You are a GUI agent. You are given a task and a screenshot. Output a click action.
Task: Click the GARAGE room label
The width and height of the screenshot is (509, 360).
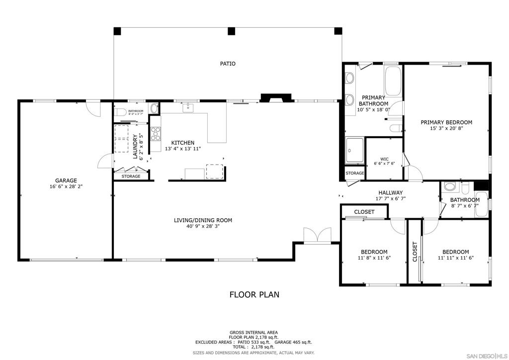coord(66,180)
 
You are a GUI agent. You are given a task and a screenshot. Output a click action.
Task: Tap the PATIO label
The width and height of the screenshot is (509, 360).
coord(228,64)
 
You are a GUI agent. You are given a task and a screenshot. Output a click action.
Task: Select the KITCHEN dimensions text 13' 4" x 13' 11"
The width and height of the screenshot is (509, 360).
coord(183,149)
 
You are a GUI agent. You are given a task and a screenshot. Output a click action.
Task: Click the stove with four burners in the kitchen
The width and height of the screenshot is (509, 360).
coord(156,133)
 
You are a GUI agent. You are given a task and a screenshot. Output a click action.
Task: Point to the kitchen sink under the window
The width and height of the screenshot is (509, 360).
coord(188,107)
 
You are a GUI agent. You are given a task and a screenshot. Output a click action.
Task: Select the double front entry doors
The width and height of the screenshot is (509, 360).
coord(317,235)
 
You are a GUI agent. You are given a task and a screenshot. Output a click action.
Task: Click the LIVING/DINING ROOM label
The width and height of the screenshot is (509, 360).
coord(203,220)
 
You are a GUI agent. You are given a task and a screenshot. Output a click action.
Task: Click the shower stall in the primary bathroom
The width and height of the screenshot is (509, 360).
coord(355,150)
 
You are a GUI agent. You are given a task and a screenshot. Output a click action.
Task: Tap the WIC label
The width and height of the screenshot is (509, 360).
coord(384,159)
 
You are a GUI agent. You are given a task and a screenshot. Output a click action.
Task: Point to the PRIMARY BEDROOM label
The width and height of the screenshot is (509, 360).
coord(446,122)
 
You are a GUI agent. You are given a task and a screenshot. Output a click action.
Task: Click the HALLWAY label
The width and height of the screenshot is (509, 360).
coord(390,193)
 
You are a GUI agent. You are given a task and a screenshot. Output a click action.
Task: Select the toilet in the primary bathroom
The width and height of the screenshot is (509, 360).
coord(396,129)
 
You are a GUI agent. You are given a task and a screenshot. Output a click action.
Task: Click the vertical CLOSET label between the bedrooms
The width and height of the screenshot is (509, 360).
coord(415,252)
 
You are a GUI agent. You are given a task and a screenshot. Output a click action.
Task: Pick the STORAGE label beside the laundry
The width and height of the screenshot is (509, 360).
coord(131,177)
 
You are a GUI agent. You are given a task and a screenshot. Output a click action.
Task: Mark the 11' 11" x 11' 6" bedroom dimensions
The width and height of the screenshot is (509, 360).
coord(455,258)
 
